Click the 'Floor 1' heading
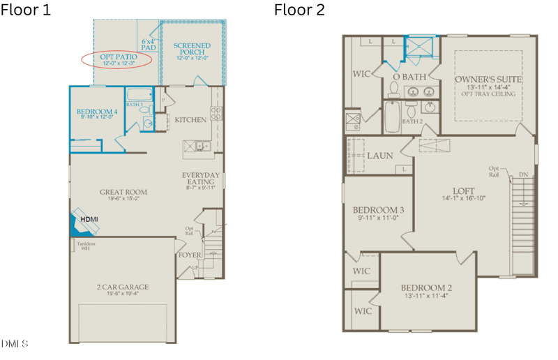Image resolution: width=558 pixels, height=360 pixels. (26, 10)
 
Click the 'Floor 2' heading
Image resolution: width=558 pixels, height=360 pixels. (299, 10)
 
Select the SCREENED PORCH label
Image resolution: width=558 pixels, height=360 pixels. (192, 50)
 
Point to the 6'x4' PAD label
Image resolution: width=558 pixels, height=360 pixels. (149, 45)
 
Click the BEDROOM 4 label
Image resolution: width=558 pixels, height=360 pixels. (97, 112)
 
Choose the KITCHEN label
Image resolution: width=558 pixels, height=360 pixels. (190, 120)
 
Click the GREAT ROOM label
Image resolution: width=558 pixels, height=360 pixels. (123, 193)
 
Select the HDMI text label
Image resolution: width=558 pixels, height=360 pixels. (89, 220)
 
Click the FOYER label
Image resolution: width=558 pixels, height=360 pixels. (190, 255)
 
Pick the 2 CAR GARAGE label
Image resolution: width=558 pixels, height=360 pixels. (123, 287)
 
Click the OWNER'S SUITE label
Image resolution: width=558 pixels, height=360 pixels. (488, 80)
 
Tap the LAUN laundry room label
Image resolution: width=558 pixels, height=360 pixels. (380, 156)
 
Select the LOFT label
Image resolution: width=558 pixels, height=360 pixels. (464, 189)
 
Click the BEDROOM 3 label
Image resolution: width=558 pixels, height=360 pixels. (378, 211)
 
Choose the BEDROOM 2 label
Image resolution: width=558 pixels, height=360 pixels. (426, 288)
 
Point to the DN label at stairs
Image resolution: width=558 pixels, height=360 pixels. (523, 174)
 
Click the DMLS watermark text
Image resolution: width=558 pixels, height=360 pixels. (15, 344)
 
